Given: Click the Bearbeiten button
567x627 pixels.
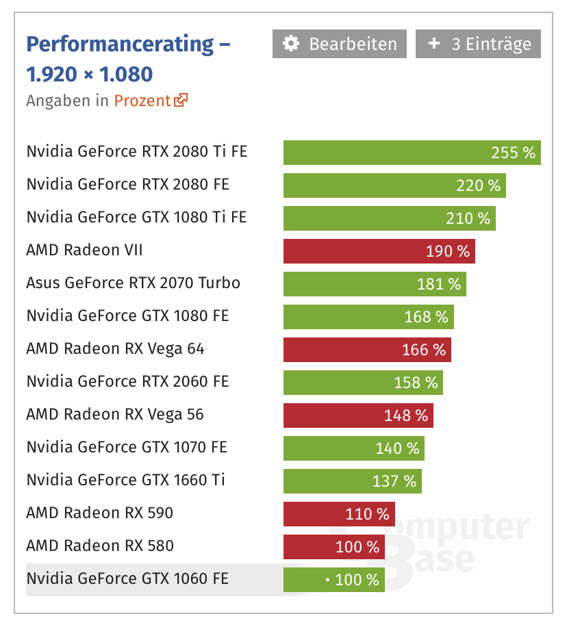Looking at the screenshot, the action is pos(340,44).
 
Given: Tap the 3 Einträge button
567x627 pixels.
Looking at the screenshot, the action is pos(478,44).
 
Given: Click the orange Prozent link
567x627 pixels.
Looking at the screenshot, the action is pos(142,101).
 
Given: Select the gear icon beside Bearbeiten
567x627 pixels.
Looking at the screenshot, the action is pos(291,44).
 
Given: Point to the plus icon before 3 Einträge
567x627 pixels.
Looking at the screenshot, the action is pos(434,43).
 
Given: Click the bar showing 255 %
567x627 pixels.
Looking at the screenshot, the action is pos(412,153).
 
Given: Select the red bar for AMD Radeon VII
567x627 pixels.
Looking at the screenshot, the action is pos(379,251).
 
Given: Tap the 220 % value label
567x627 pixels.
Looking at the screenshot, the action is pos(479,185).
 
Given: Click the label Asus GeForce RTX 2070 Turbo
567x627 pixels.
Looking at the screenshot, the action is pos(134,283).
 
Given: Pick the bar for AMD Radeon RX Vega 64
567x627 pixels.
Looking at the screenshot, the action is pos(367,350).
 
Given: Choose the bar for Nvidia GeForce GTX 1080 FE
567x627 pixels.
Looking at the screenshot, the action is pos(368,317).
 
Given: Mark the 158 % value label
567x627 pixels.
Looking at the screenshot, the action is pos(416,383).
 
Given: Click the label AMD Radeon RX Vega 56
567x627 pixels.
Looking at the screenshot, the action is pos(115,414).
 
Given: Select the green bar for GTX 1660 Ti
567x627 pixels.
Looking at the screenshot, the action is pos(353,481).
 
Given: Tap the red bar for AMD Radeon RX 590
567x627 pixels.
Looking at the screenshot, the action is pos(340,514).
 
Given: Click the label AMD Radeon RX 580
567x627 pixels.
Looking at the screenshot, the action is pos(100,546).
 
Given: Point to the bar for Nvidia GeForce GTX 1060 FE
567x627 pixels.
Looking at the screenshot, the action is pos(334,579).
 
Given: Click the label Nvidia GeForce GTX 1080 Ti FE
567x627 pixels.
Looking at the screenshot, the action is pos(137,217).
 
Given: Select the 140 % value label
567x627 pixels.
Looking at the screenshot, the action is pos(397,448).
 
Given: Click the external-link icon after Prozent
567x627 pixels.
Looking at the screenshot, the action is pos(181,100).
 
